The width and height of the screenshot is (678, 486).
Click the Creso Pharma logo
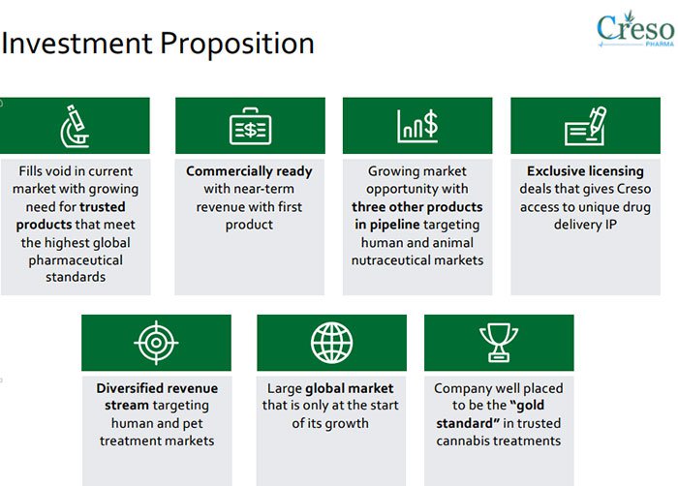coord(634,29)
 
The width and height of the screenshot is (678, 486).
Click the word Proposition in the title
coord(237,45)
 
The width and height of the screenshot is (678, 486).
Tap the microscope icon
coord(76,126)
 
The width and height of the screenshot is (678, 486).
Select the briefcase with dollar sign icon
coord(250,126)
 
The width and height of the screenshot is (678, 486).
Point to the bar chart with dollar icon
coord(417,126)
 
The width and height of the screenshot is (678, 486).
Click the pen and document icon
coord(585,126)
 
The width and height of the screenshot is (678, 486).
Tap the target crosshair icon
coord(156,343)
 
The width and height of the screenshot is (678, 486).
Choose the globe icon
coord(331,343)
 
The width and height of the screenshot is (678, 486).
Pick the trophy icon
coord(499,343)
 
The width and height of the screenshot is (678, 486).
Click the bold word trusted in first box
coord(103,207)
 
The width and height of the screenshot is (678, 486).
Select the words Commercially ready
coord(249,171)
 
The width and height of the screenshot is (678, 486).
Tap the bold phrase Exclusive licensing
coord(585,171)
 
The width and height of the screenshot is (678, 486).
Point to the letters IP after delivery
coord(611,225)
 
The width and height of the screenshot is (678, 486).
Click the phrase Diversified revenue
coord(157,388)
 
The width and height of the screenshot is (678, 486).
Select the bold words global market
coord(350,388)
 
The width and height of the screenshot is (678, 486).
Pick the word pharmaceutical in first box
coord(76,260)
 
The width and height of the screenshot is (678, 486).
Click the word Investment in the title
coord(77,44)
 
